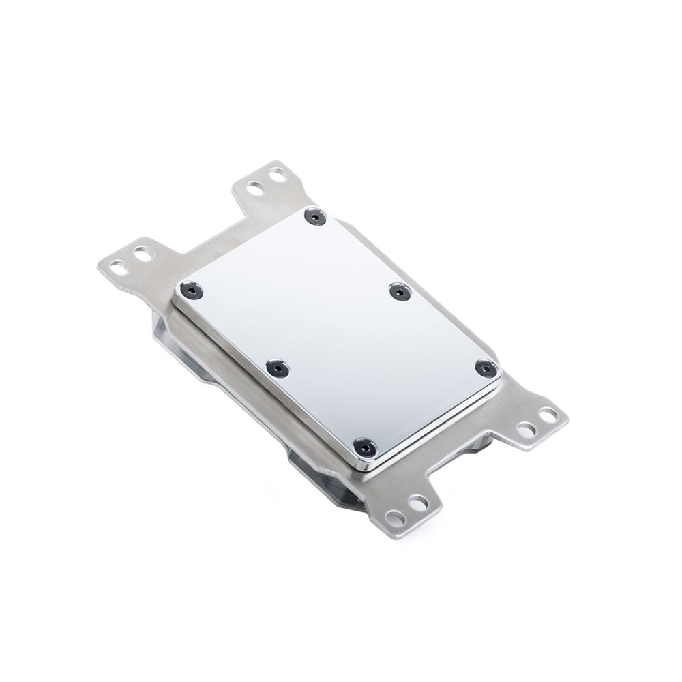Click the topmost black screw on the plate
[x=314, y=217]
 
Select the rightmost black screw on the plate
[x=485, y=369]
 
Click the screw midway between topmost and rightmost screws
[x=400, y=291]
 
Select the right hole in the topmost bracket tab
[x=276, y=175]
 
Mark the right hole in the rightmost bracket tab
[x=548, y=414]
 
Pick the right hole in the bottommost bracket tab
[x=417, y=503]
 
